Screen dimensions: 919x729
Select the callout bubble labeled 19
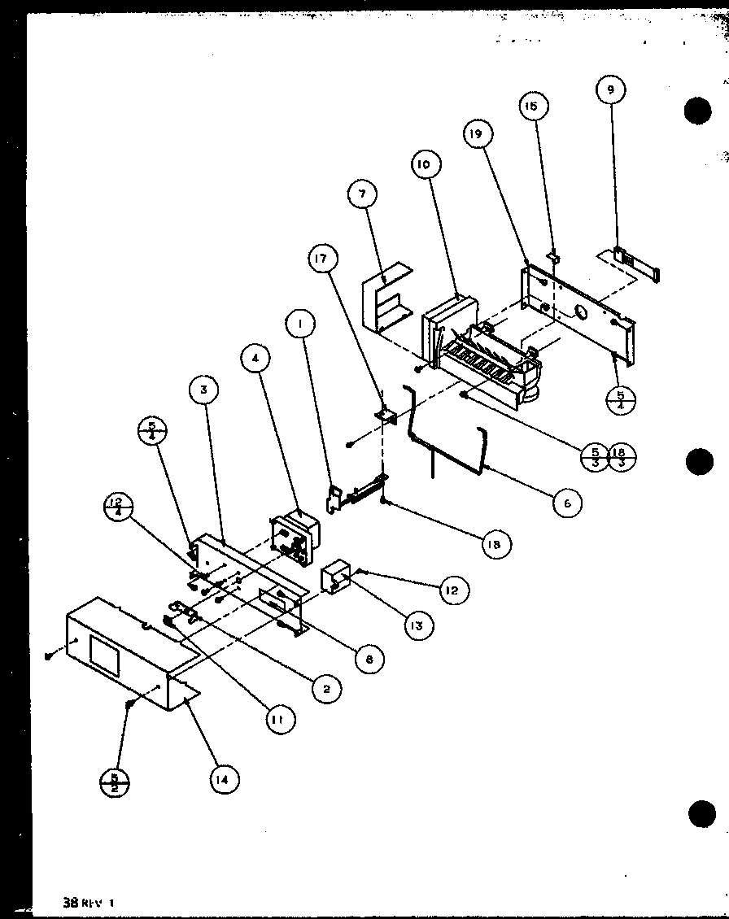[x=478, y=135]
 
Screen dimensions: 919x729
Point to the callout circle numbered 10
[x=424, y=164]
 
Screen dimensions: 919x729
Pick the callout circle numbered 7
[x=362, y=195]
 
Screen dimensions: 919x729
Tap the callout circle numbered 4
[x=256, y=358]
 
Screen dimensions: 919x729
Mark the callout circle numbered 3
[x=203, y=390]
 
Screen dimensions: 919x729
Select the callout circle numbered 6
[x=566, y=503]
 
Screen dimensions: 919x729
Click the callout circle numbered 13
[x=417, y=625]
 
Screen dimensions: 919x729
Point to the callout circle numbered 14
[x=223, y=779]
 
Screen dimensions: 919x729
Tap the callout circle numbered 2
[x=325, y=689]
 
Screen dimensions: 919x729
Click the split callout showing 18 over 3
[x=622, y=457]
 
